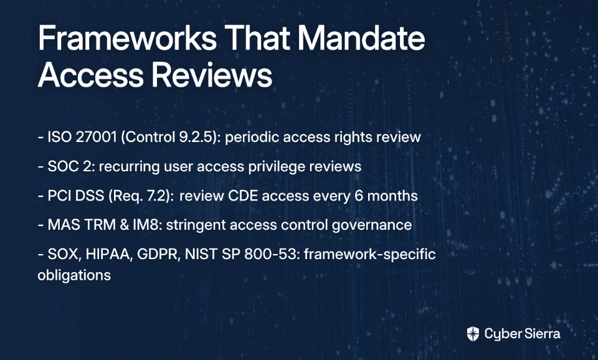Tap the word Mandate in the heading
pos(361,38)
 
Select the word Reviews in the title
pos(212,74)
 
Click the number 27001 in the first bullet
pos(96,137)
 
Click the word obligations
pos(74,275)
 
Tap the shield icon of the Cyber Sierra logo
pos(473,334)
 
